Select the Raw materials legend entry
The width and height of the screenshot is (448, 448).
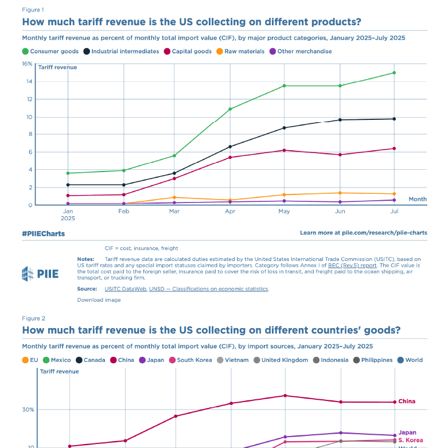pos(240,51)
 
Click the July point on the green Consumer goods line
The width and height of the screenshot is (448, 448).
pos(394,73)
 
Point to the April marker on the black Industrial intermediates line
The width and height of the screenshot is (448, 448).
pos(230,147)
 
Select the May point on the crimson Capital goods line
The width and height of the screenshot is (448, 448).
pos(285,150)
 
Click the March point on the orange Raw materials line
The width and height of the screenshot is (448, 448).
pos(174,197)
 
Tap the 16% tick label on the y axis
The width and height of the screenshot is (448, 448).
pos(28,64)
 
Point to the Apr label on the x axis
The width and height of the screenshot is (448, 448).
pos(230,212)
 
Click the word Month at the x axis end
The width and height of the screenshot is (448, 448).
pos(417,199)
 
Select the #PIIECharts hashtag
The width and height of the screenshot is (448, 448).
pos(43,233)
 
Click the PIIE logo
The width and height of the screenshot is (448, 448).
pos(40,274)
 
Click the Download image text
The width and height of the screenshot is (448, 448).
pos(99,299)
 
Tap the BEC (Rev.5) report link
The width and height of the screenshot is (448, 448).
pos(352,266)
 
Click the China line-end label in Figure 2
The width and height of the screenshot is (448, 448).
pos(407,402)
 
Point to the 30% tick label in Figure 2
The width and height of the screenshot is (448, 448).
pos(29,410)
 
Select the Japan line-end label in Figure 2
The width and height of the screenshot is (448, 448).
pos(407,433)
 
